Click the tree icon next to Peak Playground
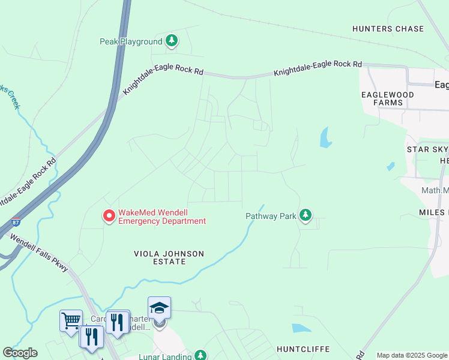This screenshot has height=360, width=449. click(172, 41)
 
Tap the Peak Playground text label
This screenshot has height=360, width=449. click(131, 41)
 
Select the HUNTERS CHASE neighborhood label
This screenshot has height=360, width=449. click(388, 29)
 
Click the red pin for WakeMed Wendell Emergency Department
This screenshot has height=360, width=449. click(109, 215)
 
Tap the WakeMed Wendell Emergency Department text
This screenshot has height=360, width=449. click(162, 217)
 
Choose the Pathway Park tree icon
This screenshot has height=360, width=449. click(306, 215)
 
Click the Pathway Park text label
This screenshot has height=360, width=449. click(271, 216)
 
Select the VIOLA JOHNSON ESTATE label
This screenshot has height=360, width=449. click(169, 258)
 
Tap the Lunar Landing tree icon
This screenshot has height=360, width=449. click(200, 356)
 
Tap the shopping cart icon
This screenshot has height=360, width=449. click(71, 320)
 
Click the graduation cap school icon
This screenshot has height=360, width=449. click(159, 308)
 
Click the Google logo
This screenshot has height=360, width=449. click(20, 353)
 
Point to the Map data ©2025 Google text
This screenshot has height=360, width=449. click(412, 355)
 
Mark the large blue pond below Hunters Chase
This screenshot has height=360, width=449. click(325, 137)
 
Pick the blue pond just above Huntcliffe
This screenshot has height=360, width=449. click(300, 328)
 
